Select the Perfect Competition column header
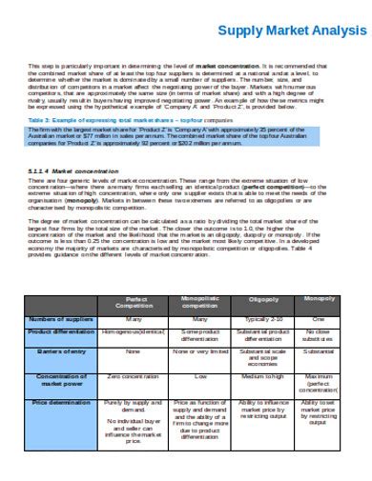pyautogui.click(x=134, y=302)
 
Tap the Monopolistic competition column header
pyautogui.click(x=200, y=302)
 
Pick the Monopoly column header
pyautogui.click(x=319, y=300)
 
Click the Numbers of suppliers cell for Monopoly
pyautogui.click(x=319, y=319)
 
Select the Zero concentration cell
pyautogui.click(x=134, y=376)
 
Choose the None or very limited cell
pyautogui.click(x=200, y=352)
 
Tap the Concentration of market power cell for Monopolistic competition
pyautogui.click(x=200, y=376)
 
